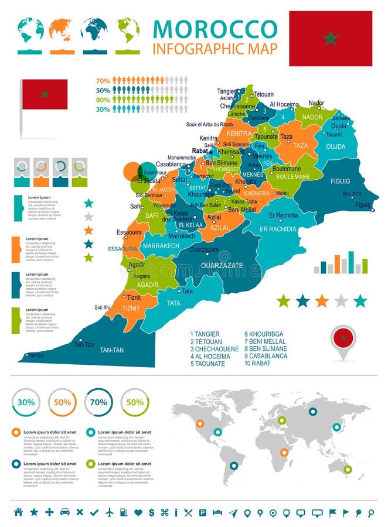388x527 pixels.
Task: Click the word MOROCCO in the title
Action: point(215,29)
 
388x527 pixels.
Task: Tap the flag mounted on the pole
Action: point(45,94)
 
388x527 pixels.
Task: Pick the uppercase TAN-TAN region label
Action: point(114,350)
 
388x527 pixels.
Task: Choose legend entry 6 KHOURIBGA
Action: point(264,334)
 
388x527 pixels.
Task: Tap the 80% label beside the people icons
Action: point(103,100)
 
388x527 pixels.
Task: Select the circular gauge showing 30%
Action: point(26,402)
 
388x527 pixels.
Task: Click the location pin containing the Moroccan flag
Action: point(343,340)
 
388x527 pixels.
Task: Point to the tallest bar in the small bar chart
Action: point(351,262)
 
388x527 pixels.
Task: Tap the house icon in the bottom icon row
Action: point(18,512)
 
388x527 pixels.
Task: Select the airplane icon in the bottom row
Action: point(110,512)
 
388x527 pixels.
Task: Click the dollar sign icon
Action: point(151,512)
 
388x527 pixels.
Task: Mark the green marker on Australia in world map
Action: point(348,469)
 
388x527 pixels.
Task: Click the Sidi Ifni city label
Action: point(103,307)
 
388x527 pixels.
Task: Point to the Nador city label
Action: point(316,103)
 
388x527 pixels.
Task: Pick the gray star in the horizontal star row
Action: point(341,301)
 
